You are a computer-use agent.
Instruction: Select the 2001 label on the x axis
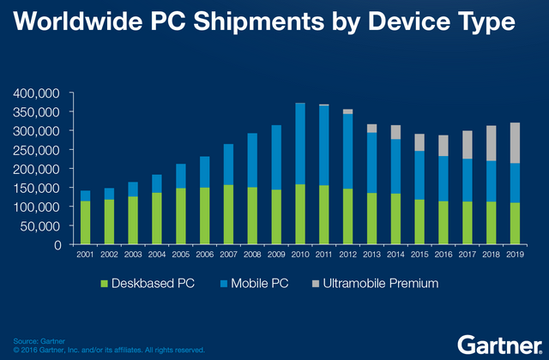pos(86,255)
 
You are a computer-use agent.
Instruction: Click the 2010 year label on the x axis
pos(300,255)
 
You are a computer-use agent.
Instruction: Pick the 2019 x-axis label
pos(515,255)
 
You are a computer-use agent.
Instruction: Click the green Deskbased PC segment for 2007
pos(229,214)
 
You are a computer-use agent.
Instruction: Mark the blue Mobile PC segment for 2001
pos(86,196)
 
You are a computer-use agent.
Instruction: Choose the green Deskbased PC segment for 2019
pos(515,224)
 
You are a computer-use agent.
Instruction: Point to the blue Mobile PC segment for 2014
pos(371,166)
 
